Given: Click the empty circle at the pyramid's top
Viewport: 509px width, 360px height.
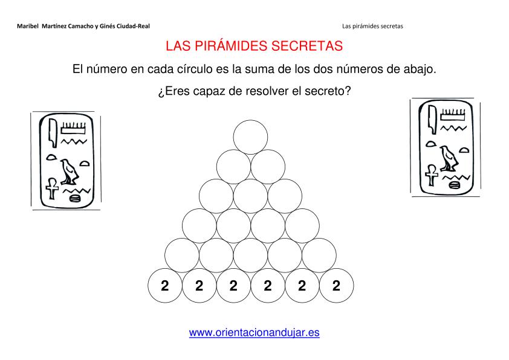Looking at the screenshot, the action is pos(250,137).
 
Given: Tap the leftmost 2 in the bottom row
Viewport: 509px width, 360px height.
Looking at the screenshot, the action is pos(165,286).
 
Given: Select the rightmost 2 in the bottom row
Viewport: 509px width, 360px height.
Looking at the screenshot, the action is pos(336,286).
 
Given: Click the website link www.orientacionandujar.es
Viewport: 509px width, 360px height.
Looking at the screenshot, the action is pos(254,332).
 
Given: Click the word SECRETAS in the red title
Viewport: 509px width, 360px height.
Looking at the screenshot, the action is pos(307,46).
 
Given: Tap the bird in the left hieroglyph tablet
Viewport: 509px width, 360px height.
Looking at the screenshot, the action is pos(69,172).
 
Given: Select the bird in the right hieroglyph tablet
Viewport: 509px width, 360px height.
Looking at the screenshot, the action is pos(449,159).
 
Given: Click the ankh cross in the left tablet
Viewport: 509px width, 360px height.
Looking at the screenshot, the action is pos(52,188).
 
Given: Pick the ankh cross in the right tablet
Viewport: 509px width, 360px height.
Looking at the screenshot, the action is pos(431,175).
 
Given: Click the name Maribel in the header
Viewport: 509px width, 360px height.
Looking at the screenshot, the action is pos(28,26).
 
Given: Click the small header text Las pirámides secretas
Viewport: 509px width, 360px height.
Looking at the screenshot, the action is pos(372,26).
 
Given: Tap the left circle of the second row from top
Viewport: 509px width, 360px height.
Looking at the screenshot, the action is pos(233,167).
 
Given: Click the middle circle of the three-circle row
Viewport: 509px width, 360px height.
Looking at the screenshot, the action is pos(250,196).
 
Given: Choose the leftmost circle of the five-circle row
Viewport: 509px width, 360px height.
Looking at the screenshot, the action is pos(182,256).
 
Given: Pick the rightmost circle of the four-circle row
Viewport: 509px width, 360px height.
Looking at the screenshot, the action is pos(302,226).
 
